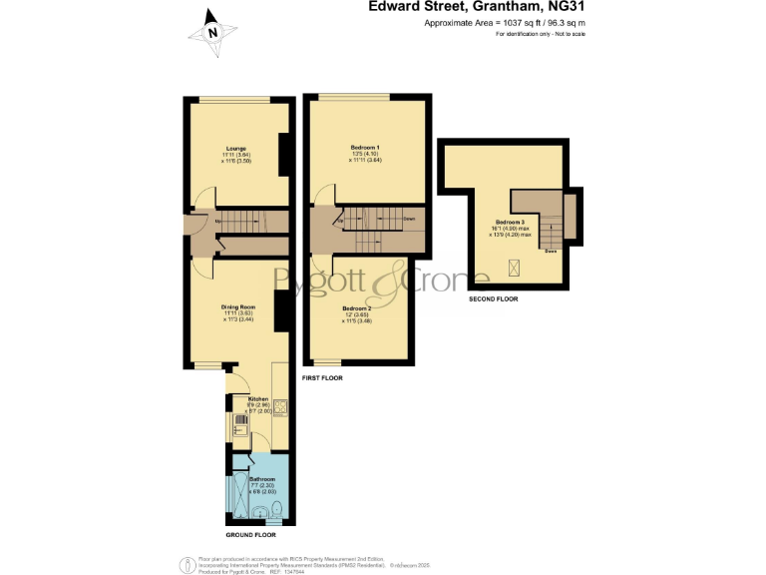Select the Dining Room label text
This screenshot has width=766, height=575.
(x=238, y=306)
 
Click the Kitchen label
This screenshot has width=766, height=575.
(x=258, y=396)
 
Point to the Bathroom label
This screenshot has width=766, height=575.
(x=261, y=479)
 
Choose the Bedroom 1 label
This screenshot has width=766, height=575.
(x=364, y=148)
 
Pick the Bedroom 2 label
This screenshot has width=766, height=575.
(x=356, y=308)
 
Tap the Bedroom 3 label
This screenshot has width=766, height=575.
(x=510, y=222)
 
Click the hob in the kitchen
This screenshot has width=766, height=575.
(x=280, y=406)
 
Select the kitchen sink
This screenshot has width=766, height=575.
(x=240, y=423)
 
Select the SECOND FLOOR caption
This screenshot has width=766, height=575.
(x=493, y=298)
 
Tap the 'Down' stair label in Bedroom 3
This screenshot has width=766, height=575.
(x=550, y=251)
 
